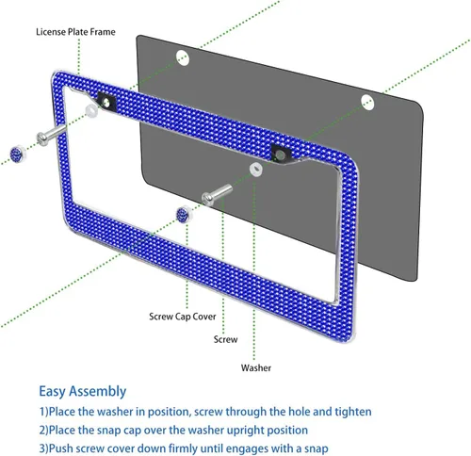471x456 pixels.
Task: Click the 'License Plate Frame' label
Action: [75, 32]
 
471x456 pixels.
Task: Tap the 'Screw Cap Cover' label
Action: [183, 317]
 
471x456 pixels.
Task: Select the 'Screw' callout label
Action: [225, 339]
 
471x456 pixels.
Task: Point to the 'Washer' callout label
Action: [256, 368]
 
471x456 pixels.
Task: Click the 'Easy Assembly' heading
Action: [83, 392]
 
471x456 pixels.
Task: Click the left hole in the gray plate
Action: [183, 57]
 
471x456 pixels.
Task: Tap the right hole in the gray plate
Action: [367, 103]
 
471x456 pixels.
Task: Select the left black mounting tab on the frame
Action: [106, 102]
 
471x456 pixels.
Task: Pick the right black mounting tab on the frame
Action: [282, 154]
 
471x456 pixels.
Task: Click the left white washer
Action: [91, 110]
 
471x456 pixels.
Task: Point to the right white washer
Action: [256, 169]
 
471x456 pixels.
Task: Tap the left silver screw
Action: [51, 135]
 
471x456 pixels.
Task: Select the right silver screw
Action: [217, 195]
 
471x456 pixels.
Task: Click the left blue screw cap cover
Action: [18, 154]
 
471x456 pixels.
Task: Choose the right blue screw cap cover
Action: [184, 215]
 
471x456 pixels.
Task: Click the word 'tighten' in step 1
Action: [353, 412]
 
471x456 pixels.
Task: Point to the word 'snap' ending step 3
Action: [315, 448]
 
